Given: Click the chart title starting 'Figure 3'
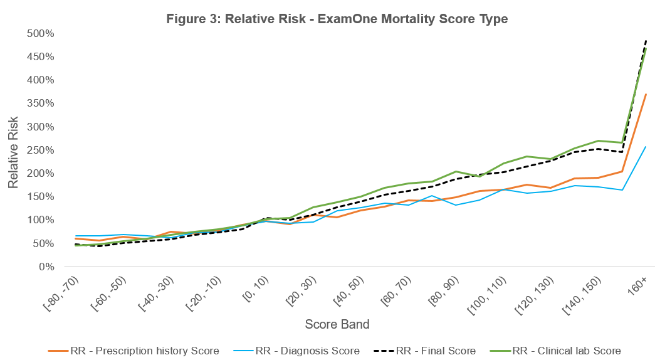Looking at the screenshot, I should click(x=337, y=19).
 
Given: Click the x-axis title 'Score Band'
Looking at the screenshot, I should click(x=337, y=324).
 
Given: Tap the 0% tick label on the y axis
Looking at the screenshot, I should click(x=46, y=267).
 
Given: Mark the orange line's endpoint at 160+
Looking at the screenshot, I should click(x=646, y=94).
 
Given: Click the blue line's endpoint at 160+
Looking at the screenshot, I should click(x=646, y=147).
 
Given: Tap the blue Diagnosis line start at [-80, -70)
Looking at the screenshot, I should click(x=75, y=236).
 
